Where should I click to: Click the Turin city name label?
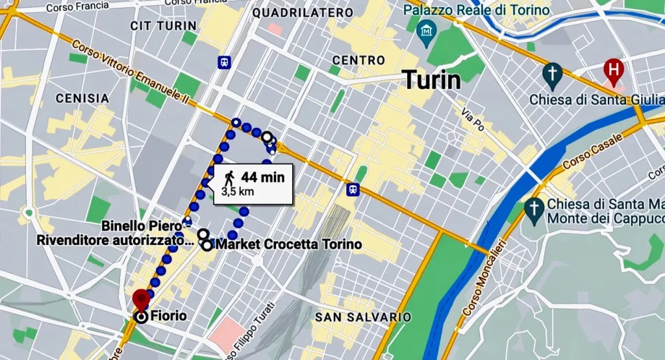point(432,80)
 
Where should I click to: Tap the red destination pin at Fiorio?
point(141,300)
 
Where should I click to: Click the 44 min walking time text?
point(262,177)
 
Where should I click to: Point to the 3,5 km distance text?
point(237,192)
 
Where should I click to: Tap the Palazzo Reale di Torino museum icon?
point(427,31)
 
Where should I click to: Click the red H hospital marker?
point(612,68)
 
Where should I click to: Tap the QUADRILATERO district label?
point(303,12)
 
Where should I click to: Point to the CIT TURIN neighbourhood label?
point(163,25)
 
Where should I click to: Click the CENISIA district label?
point(82,98)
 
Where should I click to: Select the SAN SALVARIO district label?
point(362,316)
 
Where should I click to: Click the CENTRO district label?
point(358,60)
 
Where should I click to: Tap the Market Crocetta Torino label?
point(286,245)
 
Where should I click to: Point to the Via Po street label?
point(473,120)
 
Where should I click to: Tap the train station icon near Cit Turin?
point(224,62)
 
